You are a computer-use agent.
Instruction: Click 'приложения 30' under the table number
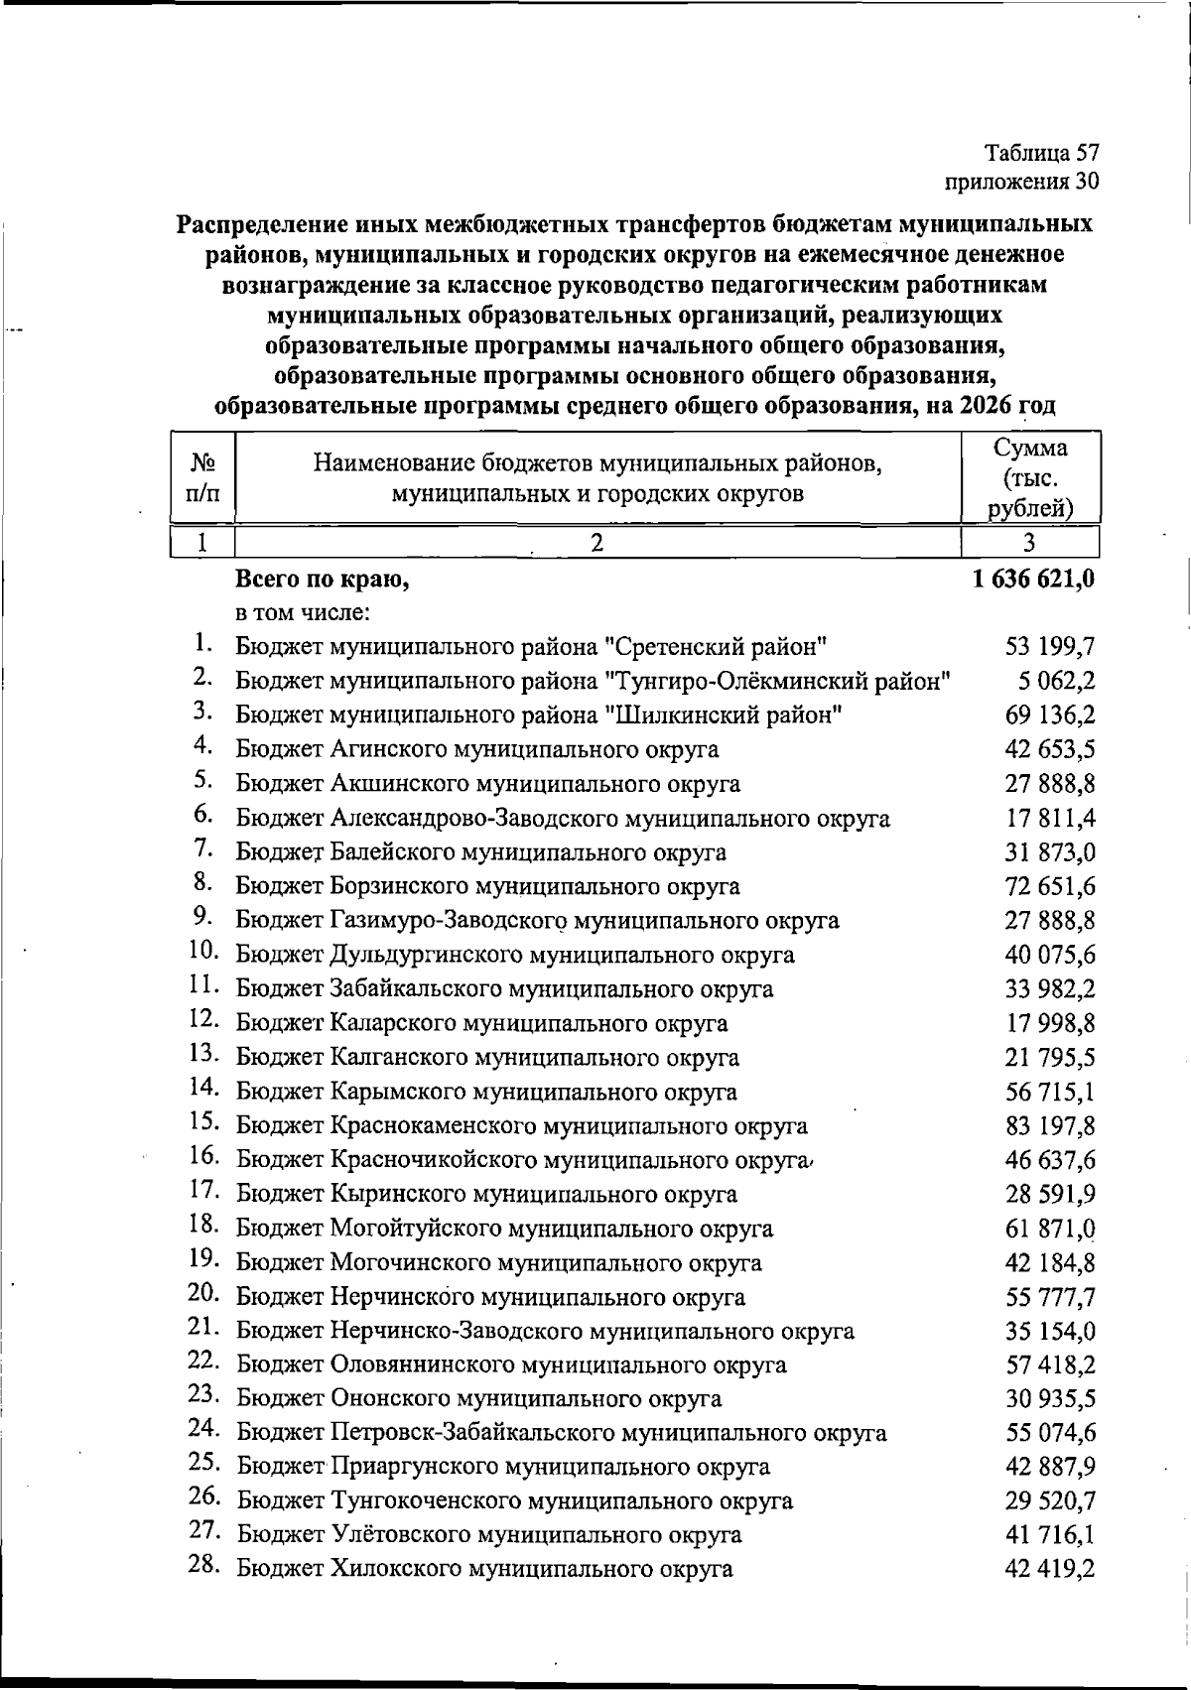(x=1022, y=182)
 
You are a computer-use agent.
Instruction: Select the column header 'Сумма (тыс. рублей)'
(x=1031, y=478)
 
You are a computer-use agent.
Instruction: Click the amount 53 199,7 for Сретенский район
(x=1050, y=648)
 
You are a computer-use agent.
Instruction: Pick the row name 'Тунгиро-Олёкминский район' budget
(x=594, y=682)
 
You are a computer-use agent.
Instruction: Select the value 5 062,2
(x=1058, y=682)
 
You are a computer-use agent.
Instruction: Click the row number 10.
(x=203, y=951)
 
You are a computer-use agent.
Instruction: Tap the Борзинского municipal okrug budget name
(x=487, y=886)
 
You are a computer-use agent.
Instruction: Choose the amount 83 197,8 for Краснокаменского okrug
(x=1050, y=1126)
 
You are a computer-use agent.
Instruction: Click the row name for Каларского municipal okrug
(x=481, y=1023)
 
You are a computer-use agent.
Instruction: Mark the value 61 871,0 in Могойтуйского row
(x=1050, y=1229)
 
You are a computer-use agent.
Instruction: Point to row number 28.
(x=203, y=1566)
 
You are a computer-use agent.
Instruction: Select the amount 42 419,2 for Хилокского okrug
(x=1050, y=1569)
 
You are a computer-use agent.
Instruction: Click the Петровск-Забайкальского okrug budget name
(x=561, y=1433)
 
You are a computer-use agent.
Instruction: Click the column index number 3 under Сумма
(x=1029, y=542)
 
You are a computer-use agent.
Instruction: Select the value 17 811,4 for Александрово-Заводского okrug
(x=1050, y=819)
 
